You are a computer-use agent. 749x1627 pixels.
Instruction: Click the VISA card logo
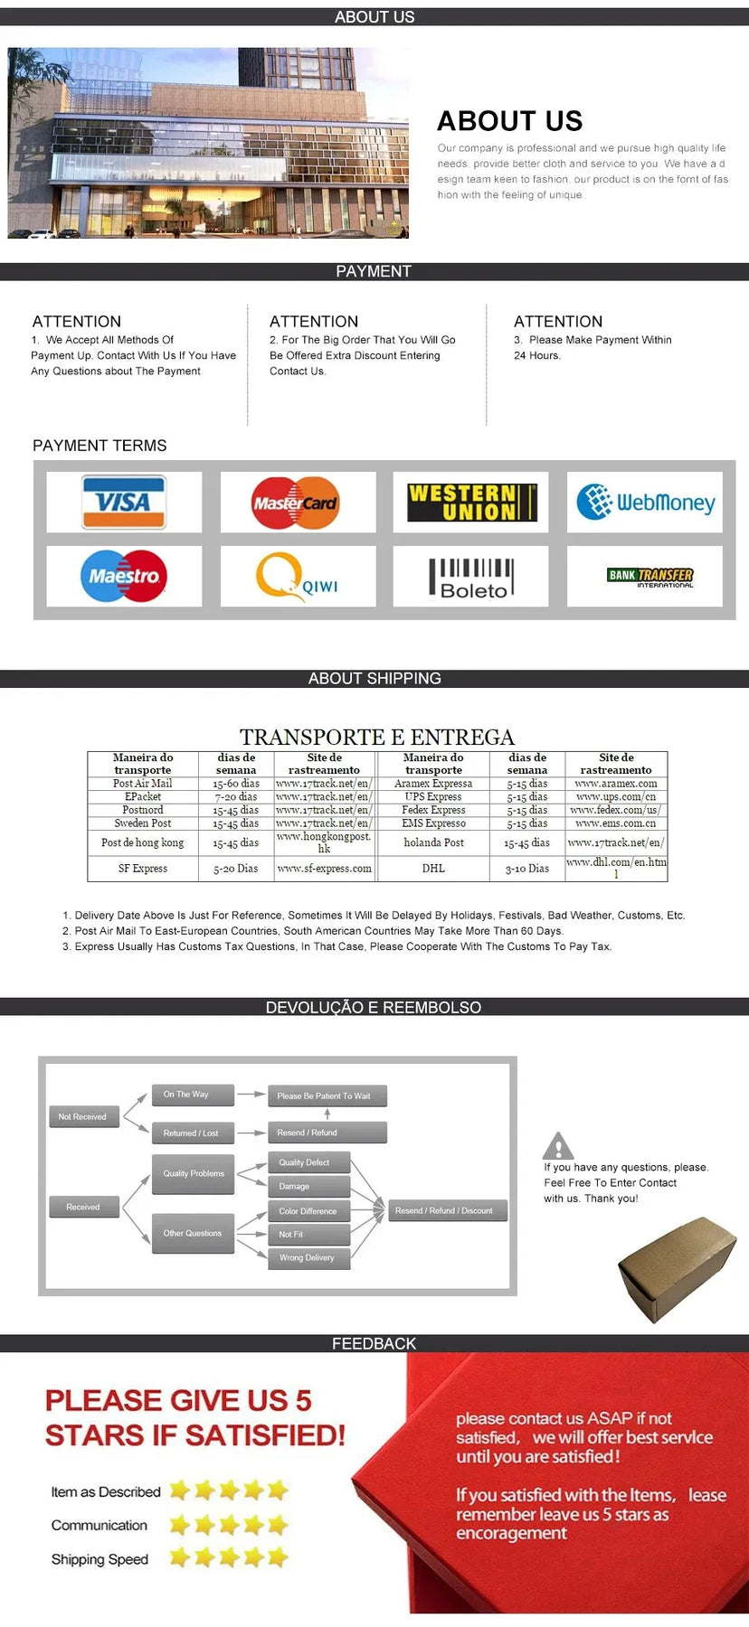coord(124,502)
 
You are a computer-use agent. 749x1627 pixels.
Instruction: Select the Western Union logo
coord(471,503)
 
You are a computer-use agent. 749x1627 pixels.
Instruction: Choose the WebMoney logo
coord(645,503)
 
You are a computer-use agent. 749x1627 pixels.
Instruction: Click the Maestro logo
coord(124,576)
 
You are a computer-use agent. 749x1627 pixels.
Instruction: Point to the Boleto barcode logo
coord(471,578)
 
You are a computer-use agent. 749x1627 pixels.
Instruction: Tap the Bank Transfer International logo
coord(649,577)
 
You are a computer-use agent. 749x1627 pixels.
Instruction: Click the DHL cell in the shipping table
coord(433,869)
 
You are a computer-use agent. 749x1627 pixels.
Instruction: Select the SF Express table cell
coord(143,869)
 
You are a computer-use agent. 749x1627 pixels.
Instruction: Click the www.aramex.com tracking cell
coord(616,784)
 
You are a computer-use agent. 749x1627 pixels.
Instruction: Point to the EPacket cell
coord(143,797)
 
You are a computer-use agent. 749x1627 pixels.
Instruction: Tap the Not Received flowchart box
coord(82,1117)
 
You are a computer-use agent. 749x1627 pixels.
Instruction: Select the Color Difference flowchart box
coord(308,1211)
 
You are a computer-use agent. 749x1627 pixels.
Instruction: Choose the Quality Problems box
coord(194,1173)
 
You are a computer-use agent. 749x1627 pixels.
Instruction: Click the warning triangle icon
coord(558,1146)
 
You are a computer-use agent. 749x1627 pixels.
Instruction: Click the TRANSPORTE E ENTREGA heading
coord(377,737)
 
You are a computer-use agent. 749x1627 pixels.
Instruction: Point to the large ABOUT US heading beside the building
coord(510,121)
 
